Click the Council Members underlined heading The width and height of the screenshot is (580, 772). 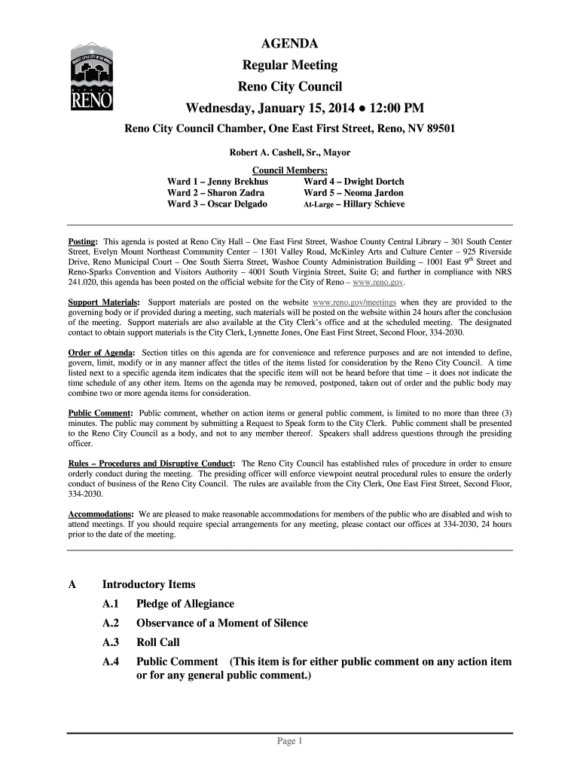pos(289,170)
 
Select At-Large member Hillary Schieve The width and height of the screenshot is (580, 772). pos(374,204)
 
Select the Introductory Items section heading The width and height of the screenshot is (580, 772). pos(148,584)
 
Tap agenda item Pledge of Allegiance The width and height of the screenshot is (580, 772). pos(185,604)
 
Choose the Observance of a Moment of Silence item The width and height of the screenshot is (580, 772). pos(221,623)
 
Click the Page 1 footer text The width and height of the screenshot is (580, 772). pos(289,742)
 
